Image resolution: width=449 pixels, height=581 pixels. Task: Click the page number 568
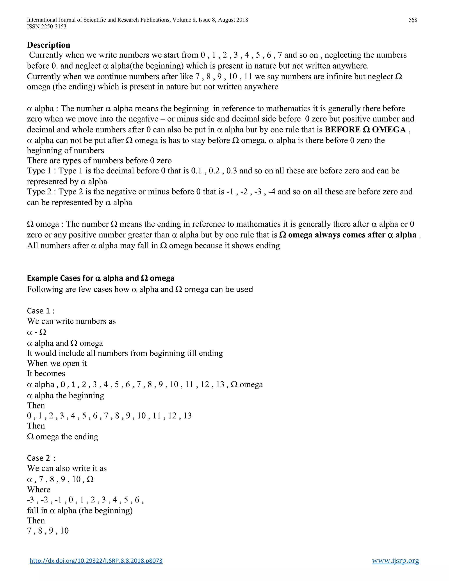coord(413,20)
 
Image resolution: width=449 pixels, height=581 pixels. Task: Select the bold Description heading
coord(48,45)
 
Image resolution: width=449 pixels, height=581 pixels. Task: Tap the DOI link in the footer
coord(96,561)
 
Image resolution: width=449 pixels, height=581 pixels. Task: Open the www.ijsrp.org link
coord(395,561)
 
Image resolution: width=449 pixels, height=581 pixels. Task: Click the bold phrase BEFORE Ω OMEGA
coord(365,130)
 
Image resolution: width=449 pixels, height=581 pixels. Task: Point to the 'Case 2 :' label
coord(41,458)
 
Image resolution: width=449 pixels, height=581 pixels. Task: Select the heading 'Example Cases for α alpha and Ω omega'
coord(101,278)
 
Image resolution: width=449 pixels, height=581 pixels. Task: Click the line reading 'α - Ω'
coord(36,332)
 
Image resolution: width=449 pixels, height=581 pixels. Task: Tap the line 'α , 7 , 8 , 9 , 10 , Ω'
coord(60,479)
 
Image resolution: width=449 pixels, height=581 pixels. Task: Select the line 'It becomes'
coord(46,374)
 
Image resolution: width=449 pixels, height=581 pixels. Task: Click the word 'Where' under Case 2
coord(39,490)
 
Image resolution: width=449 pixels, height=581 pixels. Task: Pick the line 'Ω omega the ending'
coord(62,437)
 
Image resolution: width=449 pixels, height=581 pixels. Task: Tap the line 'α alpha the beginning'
coord(65,396)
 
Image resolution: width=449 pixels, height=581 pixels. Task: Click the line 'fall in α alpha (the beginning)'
coord(80,510)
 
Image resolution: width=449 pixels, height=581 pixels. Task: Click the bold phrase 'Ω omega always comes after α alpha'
coord(348,235)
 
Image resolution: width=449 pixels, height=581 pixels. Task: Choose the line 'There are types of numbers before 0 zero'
coord(99,161)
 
